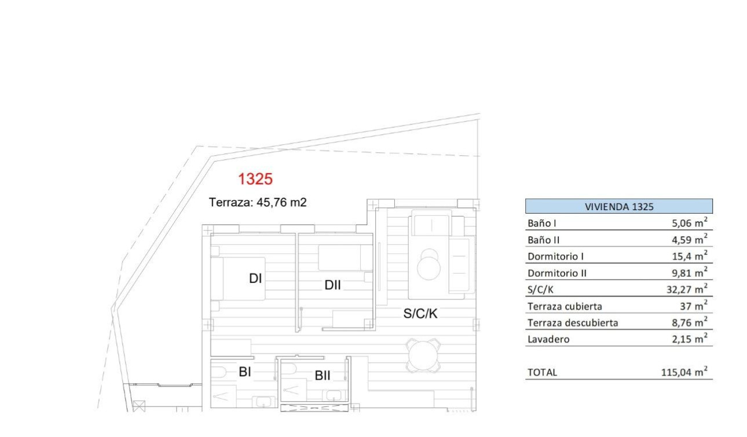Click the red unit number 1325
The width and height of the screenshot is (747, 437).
point(255,179)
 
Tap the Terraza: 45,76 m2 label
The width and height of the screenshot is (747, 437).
point(257,203)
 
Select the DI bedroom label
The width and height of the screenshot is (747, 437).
point(255,278)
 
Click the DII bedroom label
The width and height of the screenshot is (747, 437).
point(332,285)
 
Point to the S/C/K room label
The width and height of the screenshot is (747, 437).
point(420,314)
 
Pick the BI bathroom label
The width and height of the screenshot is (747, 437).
point(245,372)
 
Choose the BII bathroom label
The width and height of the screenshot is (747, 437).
point(323,376)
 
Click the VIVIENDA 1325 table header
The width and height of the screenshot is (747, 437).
point(619,207)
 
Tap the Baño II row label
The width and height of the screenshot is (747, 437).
point(544,240)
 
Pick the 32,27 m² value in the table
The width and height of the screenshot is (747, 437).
point(687,289)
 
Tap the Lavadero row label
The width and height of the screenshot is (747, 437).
point(548,340)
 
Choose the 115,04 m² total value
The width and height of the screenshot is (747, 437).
point(684,373)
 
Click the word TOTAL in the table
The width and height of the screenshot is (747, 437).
point(542,373)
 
